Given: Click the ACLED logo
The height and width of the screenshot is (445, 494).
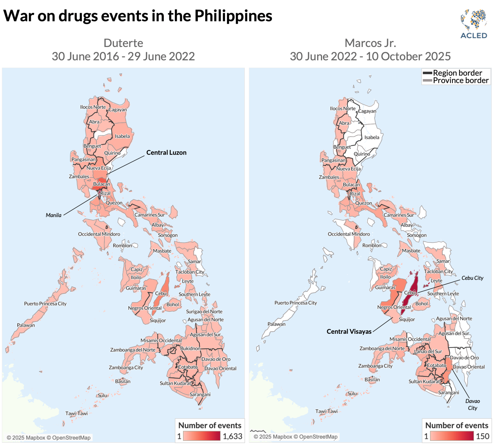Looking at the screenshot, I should click(473, 24).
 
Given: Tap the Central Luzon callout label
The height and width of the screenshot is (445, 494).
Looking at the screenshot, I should click(166, 152).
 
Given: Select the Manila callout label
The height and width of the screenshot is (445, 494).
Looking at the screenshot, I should click(54, 215).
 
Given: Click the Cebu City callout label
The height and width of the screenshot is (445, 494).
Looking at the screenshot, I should click(472, 278).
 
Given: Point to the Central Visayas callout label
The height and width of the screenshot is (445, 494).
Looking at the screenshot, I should click(349, 332).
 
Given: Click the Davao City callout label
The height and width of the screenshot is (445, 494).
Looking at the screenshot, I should click(472, 404).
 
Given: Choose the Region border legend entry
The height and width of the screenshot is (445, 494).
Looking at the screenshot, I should click(457, 73).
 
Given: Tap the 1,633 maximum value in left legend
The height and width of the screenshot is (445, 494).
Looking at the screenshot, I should click(232, 436).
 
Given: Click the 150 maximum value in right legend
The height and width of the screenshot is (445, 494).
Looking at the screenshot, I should click(482, 436).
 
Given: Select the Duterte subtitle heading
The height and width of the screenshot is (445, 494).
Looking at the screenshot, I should click(123, 43).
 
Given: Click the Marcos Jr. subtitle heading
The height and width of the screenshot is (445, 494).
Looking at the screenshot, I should click(370, 43).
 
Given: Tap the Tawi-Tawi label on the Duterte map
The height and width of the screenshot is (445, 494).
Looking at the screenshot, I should click(76, 413).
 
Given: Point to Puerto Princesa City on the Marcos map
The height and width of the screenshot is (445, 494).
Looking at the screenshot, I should click(296, 303).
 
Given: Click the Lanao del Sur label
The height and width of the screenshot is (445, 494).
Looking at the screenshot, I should click(428, 351).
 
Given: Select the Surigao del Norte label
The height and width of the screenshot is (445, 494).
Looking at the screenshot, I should click(204, 311).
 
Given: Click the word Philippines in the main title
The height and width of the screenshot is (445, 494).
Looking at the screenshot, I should click(233, 16).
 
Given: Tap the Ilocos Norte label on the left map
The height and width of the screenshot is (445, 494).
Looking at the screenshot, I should click(93, 107).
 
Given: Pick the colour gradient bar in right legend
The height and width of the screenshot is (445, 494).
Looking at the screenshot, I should click(452, 436).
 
